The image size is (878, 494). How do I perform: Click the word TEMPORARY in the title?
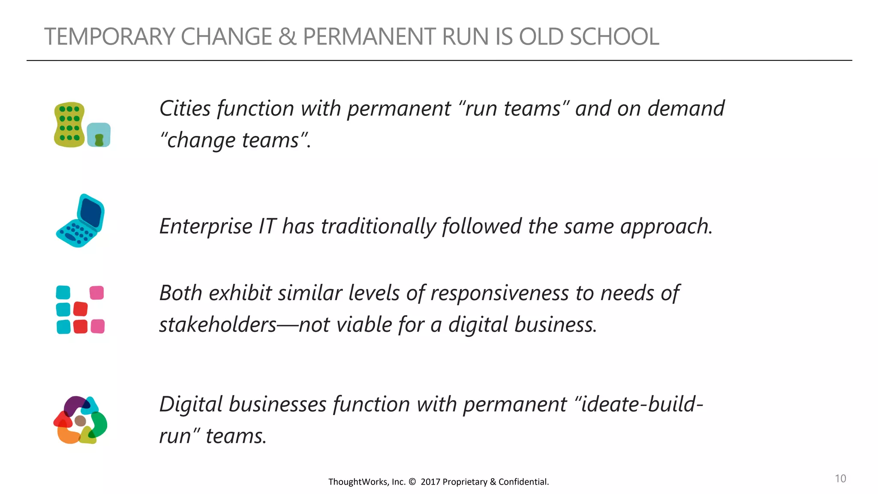point(109,36)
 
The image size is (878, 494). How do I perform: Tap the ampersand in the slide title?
point(287,36)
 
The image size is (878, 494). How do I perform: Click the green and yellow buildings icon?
point(69,125)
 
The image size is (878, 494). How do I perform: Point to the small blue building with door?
point(99,135)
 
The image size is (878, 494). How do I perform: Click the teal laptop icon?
point(80,221)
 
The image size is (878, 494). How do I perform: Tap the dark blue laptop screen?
point(90,213)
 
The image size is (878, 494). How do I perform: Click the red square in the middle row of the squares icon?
point(80,309)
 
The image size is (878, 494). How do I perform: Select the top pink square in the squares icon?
point(96,293)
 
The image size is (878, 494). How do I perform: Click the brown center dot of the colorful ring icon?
point(80,421)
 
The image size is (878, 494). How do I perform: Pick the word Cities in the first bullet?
point(185,108)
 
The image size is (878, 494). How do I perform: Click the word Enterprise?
point(205,226)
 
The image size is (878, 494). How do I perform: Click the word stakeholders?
point(218,325)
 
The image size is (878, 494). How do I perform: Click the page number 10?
point(840,479)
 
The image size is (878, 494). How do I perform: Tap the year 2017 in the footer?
point(430,482)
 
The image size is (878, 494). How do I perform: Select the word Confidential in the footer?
point(523,482)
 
